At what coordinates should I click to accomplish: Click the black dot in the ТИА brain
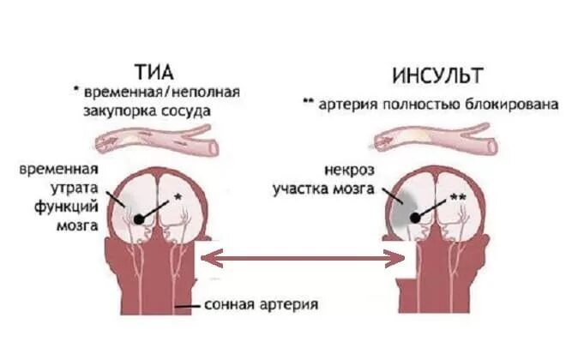coord(139,219)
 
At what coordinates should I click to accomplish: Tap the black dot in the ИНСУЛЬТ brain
coord(415,219)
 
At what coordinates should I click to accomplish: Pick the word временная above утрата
coord(58,168)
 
